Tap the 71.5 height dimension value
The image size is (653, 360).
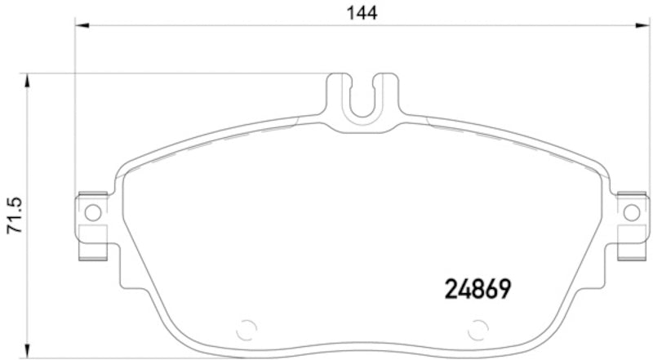coord(14,214)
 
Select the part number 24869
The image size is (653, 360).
coord(478,288)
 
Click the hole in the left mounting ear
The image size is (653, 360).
coord(92,213)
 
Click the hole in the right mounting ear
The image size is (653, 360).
coord(630,213)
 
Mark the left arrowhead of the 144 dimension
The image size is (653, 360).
coord(81,27)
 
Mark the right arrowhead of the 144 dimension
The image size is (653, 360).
coord(641,27)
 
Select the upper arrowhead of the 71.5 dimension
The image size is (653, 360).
coord(29,79)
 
